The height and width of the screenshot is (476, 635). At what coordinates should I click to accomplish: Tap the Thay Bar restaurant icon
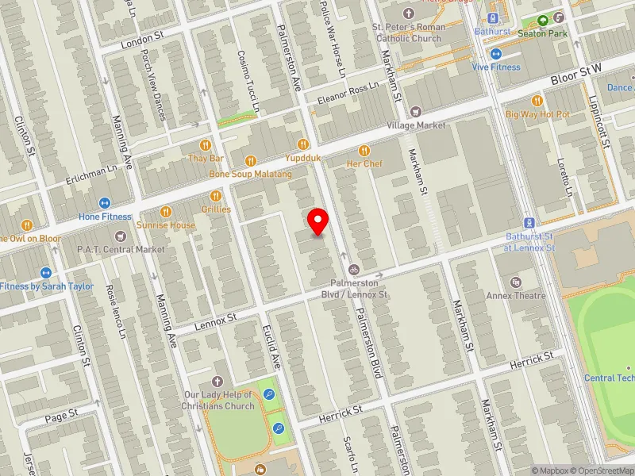pyautogui.click(x=206, y=145)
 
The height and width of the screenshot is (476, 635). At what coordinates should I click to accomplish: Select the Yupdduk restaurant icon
pyautogui.click(x=302, y=144)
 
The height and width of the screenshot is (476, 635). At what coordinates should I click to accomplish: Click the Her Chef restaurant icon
pyautogui.click(x=364, y=150)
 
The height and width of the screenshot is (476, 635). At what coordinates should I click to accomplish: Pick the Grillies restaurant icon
pyautogui.click(x=215, y=196)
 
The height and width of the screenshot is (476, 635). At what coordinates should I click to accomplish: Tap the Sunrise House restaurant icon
pyautogui.click(x=166, y=211)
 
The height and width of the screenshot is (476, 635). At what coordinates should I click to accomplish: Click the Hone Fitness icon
pyautogui.click(x=105, y=203)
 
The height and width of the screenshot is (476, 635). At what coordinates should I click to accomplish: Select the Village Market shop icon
pyautogui.click(x=416, y=111)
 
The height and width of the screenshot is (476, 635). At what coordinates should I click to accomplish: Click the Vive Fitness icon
pyautogui.click(x=496, y=54)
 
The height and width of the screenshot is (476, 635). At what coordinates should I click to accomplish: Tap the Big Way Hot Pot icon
pyautogui.click(x=537, y=101)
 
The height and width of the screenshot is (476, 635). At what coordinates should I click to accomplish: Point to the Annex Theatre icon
pyautogui.click(x=517, y=282)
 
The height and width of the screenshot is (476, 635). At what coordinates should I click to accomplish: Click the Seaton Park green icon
pyautogui.click(x=543, y=21)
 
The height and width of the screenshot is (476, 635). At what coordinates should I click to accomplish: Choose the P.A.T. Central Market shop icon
pyautogui.click(x=121, y=236)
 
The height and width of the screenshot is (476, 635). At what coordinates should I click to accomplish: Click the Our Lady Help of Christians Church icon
pyautogui.click(x=218, y=382)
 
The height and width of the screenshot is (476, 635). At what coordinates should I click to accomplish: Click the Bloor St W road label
pyautogui.click(x=584, y=75)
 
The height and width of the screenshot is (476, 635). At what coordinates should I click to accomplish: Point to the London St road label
pyautogui.click(x=142, y=38)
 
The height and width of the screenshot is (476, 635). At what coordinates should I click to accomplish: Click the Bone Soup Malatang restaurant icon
pyautogui.click(x=251, y=160)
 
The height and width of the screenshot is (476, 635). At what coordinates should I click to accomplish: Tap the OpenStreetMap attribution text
pyautogui.click(x=601, y=470)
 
